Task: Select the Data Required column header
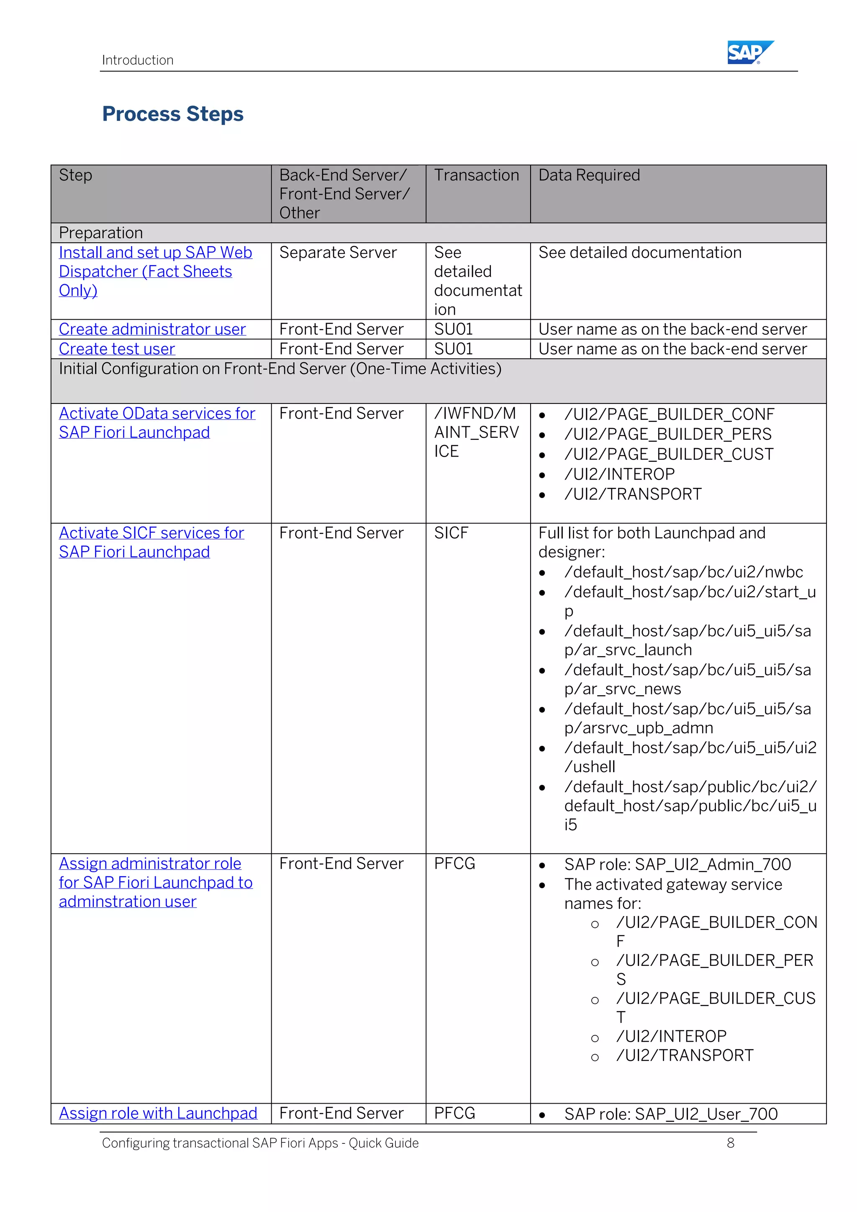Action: [x=588, y=175]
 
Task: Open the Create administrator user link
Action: [x=152, y=329]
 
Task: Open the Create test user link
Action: [x=117, y=349]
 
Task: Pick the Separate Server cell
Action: [x=338, y=253]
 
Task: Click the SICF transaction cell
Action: [x=451, y=533]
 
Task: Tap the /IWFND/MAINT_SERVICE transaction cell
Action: [x=476, y=432]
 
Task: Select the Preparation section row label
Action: [x=101, y=233]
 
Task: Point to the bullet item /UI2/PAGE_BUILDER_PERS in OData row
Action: [x=667, y=434]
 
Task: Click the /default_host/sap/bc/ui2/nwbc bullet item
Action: [x=683, y=572]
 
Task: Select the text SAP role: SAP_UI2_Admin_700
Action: [x=677, y=865]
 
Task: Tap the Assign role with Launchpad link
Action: [x=158, y=1113]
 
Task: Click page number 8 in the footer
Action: [x=730, y=1143]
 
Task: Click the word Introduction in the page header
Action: [x=138, y=60]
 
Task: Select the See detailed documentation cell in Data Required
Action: [x=639, y=253]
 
